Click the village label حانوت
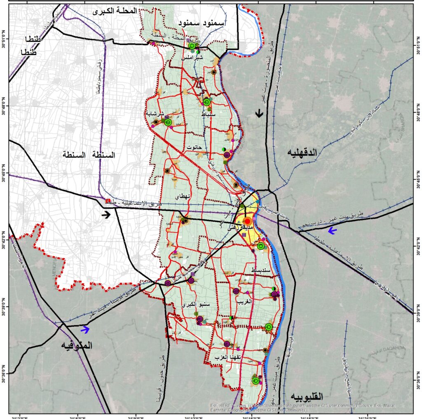pos(193,147)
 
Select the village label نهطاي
pos(183,196)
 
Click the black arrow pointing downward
pos(259,113)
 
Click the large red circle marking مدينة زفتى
pos(246,221)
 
